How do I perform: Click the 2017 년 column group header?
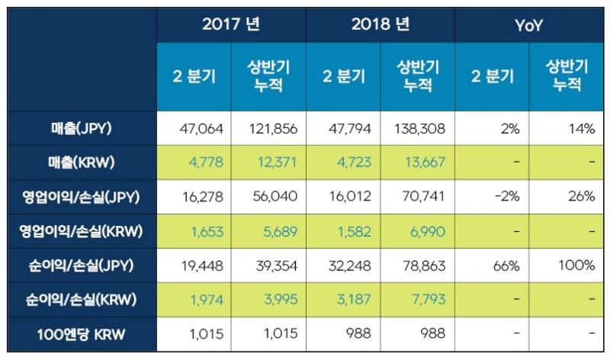click(231, 24)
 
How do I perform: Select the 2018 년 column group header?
click(380, 24)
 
